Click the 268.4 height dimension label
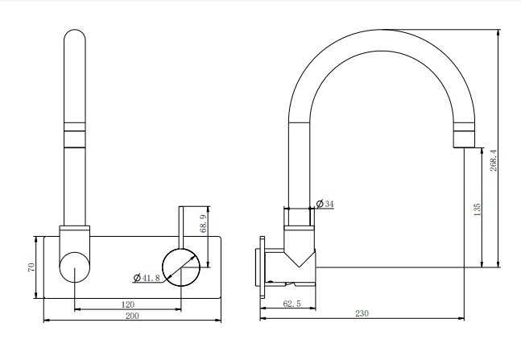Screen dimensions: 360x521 tap(494, 159)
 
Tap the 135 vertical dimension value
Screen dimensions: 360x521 tap(477, 209)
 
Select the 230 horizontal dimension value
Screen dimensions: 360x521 tap(364, 314)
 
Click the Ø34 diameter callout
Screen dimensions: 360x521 tap(325, 204)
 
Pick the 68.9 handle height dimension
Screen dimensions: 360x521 tap(203, 222)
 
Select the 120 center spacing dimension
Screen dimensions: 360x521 tap(127, 304)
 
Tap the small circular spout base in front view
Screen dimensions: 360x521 tap(75, 266)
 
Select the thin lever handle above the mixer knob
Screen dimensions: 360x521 tap(181, 226)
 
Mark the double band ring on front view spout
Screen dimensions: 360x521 tap(75, 130)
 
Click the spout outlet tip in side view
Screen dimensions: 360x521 tap(465, 142)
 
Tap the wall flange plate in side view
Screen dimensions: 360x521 tap(261, 267)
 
